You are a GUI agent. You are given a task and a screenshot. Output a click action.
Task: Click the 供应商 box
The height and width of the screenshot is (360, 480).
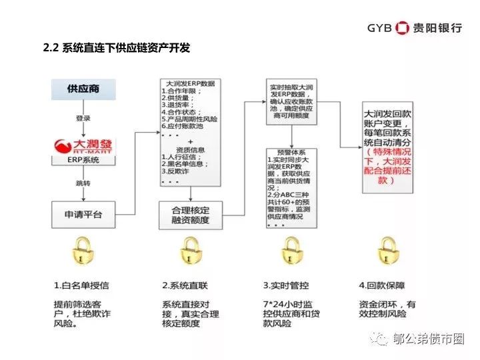coord(83,90)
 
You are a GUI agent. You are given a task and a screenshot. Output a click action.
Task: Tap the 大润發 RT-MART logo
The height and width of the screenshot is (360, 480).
coord(83,143)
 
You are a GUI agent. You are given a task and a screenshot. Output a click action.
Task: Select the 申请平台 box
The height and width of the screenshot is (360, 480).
coord(83,215)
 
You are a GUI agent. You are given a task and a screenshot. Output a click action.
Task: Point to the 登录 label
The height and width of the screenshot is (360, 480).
coord(83,118)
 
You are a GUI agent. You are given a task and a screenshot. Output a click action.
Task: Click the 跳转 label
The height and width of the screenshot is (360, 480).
coord(83,181)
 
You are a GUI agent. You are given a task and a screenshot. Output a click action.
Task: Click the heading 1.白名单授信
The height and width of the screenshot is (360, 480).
coord(81,285)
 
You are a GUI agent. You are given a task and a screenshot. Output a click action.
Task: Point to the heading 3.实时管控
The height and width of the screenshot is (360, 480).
coord(286,285)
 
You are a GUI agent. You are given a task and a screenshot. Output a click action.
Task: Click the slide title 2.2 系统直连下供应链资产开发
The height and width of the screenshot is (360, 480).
coord(117,48)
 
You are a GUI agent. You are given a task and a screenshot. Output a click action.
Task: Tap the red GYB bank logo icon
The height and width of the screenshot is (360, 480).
coord(403,27)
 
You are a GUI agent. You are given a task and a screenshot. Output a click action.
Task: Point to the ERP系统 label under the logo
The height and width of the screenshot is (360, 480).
coord(83,160)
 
